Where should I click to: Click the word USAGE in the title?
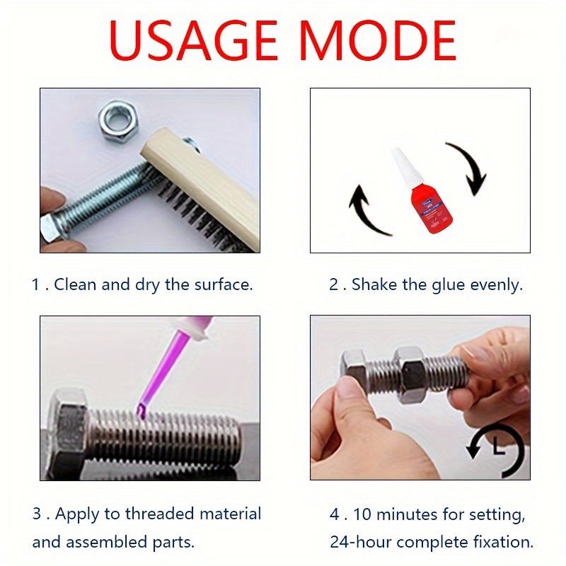(x=193, y=40)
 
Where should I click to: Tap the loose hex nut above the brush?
(x=118, y=120)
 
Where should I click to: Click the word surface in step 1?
(x=223, y=285)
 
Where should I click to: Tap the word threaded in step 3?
(x=159, y=514)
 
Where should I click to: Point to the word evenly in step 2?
(x=496, y=286)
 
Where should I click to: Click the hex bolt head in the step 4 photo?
(x=355, y=364)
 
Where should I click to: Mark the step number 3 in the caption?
(x=37, y=514)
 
